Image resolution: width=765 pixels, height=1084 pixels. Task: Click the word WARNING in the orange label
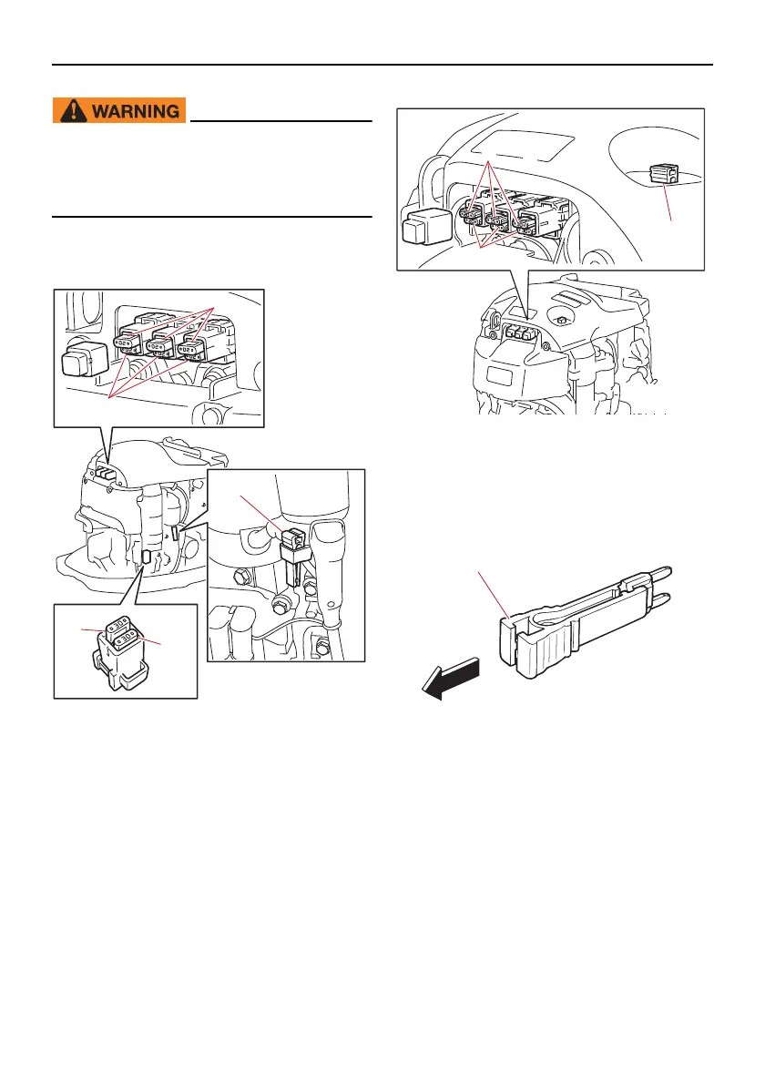(133, 111)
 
